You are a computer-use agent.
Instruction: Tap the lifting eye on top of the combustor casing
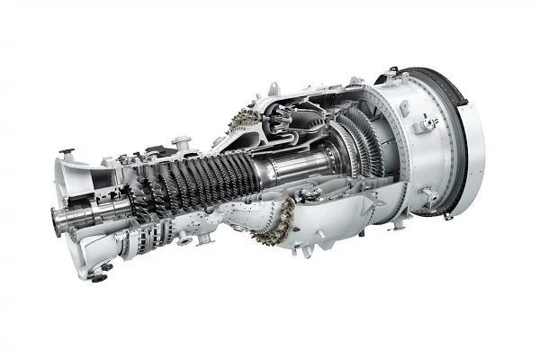coord(273,87)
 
